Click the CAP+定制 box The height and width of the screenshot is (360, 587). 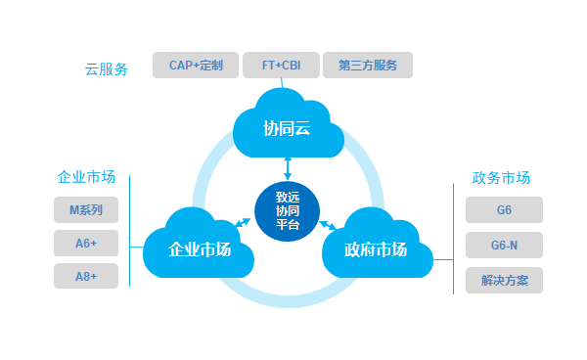(196, 66)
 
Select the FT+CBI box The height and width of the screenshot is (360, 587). (281, 66)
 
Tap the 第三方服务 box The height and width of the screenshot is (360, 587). (368, 66)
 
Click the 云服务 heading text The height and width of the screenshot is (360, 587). (107, 69)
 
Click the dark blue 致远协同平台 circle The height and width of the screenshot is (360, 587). (287, 211)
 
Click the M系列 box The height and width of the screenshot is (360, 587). (86, 210)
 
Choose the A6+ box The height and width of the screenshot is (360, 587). (86, 244)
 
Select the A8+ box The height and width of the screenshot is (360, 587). (86, 276)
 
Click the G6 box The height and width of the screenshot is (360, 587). (504, 210)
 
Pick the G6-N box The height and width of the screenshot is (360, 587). (504, 246)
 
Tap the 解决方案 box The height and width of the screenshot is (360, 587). (504, 281)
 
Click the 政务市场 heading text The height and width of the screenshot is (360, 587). (501, 178)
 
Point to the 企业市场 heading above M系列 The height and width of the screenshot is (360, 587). (86, 177)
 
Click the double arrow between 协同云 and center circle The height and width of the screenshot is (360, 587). (288, 169)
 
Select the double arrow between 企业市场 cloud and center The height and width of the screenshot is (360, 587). (243, 223)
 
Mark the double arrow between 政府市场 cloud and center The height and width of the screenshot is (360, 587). (328, 225)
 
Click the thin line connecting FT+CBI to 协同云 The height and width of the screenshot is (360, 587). (282, 83)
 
